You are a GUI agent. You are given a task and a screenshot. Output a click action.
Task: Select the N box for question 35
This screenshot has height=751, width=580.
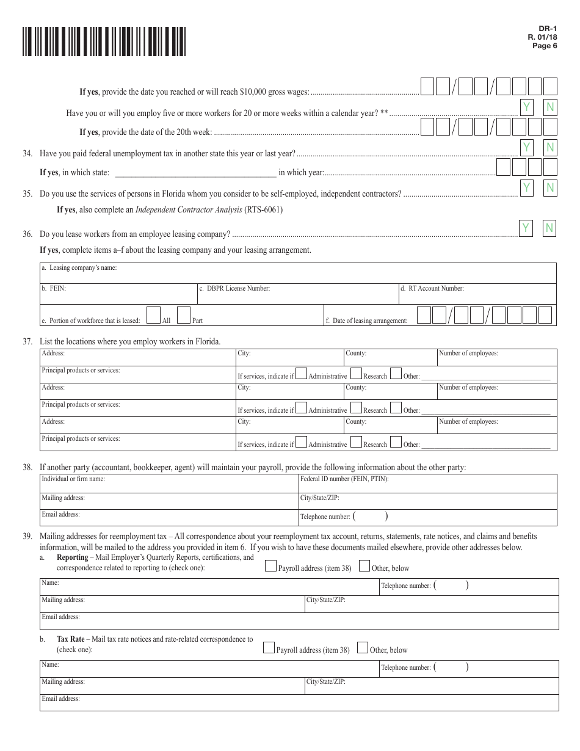tap(550, 188)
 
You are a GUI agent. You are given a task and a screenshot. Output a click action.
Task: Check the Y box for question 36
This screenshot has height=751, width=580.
tap(526, 228)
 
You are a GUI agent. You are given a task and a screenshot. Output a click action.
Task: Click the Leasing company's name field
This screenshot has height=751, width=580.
tap(298, 273)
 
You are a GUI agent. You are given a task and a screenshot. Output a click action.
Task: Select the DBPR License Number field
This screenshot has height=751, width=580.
tap(297, 294)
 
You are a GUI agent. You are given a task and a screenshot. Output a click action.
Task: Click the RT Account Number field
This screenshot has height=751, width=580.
tap(477, 294)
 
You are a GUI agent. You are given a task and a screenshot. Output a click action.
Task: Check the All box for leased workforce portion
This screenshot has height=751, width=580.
tap(154, 315)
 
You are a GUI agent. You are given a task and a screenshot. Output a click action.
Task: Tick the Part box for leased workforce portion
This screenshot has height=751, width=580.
tap(184, 315)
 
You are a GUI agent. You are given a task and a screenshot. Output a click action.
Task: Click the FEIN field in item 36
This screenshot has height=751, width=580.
tap(118, 294)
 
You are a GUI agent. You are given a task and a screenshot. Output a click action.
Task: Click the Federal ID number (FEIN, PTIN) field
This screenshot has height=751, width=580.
tap(427, 484)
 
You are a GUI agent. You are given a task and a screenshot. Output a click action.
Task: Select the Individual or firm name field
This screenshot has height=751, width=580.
tap(169, 484)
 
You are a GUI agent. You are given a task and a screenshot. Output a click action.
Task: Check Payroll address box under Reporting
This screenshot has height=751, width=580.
tap(270, 566)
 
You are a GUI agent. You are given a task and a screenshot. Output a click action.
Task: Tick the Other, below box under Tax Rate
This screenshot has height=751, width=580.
tap(362, 648)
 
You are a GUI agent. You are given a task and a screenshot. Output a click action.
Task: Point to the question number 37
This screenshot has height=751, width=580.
tap(27, 341)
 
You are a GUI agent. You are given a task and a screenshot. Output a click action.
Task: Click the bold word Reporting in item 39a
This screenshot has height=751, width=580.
tap(72, 557)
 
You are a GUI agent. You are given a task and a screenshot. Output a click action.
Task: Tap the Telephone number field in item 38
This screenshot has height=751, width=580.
tap(427, 517)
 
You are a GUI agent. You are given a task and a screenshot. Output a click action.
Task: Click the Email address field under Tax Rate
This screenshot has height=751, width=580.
tap(299, 703)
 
